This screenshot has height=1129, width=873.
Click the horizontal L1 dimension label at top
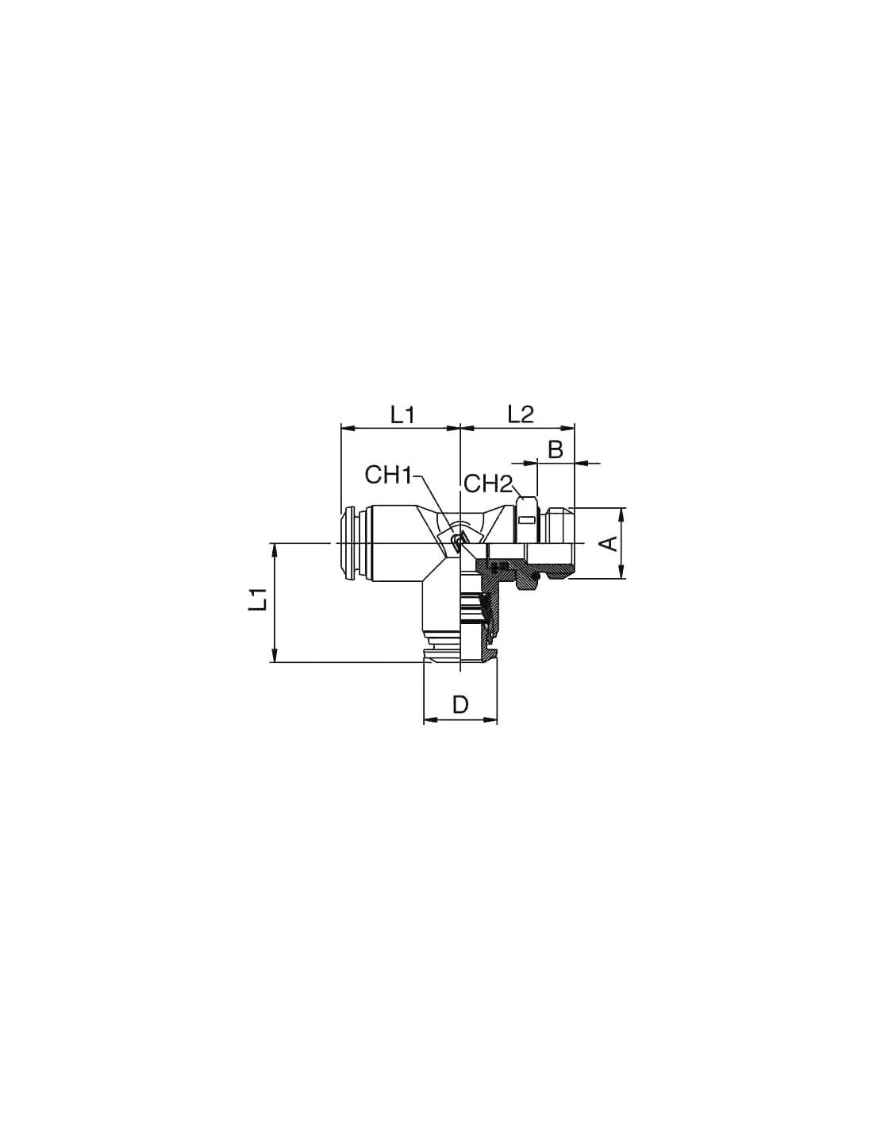405,414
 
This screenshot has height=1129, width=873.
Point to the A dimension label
609,543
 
